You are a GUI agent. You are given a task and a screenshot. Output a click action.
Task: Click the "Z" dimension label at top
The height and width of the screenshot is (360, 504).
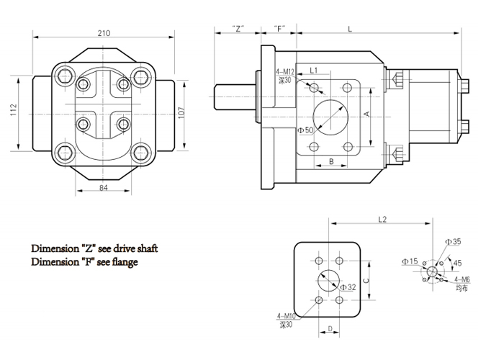pos(239,29)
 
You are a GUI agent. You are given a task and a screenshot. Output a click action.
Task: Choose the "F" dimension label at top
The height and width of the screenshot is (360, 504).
pos(280,29)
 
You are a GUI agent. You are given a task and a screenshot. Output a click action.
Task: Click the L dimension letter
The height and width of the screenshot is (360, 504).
pos(349,29)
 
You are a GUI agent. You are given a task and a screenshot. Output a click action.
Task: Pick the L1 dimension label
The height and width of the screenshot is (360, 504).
pos(314,70)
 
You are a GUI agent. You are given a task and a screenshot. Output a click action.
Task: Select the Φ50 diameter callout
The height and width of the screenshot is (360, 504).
pos(305,130)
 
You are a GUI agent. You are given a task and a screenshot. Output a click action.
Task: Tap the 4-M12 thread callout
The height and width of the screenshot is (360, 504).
pos(286,71)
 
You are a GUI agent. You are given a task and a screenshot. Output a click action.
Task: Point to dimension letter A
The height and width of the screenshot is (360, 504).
pos(366,114)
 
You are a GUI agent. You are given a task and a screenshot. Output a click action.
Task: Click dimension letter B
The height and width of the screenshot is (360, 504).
pos(330,161)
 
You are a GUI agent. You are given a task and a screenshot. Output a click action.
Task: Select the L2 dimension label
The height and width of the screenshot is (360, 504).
pos(382,219)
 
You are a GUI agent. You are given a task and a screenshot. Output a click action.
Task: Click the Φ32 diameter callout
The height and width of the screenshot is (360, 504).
pos(348,287)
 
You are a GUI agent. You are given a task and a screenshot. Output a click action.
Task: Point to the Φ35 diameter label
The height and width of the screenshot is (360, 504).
pos(452,242)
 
